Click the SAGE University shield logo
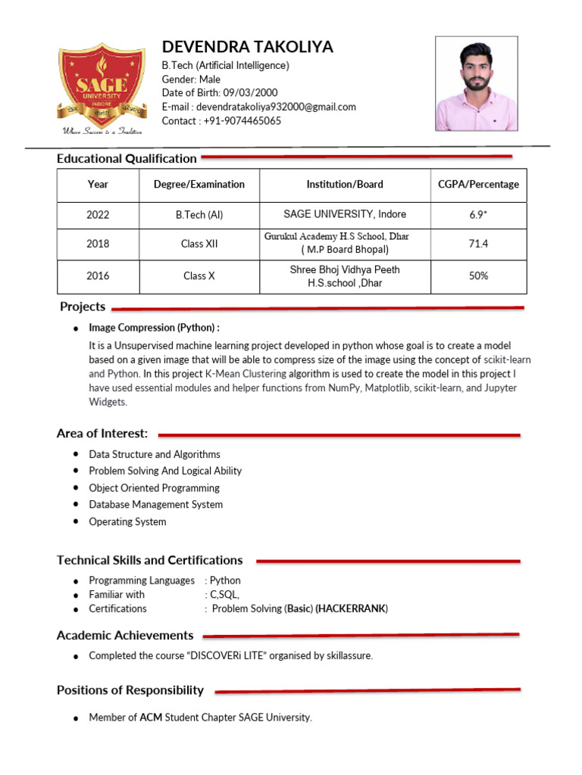102,85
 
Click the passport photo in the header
477,83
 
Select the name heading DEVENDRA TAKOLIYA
247,47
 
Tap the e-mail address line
258,107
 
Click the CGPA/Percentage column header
478,185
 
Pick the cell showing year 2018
98,244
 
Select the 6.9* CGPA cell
478,215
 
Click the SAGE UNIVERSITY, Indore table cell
345,214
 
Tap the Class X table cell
199,276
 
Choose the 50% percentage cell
478,276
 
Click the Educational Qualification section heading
127,158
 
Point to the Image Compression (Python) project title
154,328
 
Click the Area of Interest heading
102,434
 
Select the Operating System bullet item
127,521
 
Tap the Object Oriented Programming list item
154,488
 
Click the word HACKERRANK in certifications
352,608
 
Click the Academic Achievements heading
125,636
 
